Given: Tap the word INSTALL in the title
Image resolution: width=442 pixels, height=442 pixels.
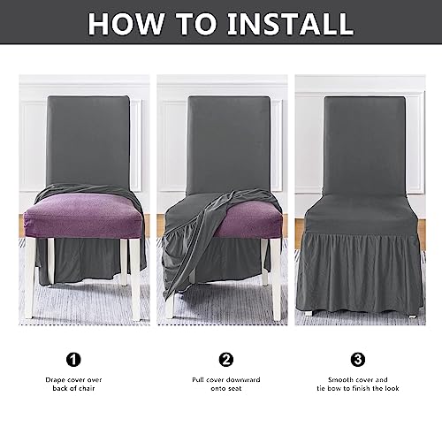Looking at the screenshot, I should (290, 23).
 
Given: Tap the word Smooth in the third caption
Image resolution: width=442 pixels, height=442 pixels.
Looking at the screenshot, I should (337, 379).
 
